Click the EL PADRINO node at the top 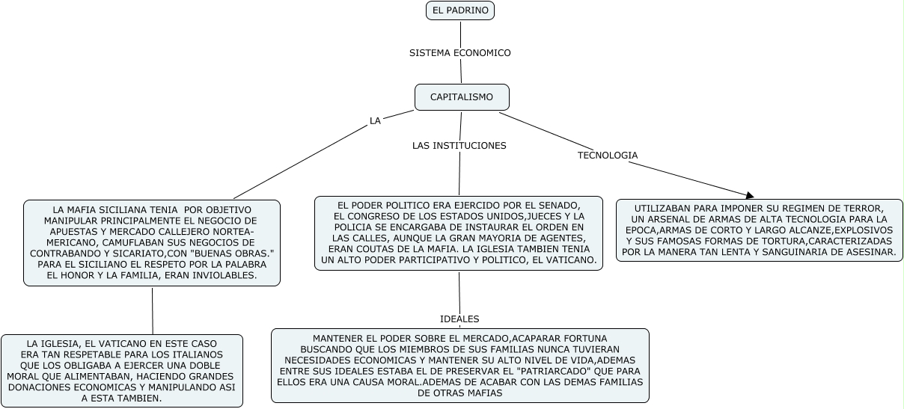459,10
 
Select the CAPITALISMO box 461,97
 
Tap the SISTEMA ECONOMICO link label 459,53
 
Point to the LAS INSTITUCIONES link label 459,145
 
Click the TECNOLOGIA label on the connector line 607,156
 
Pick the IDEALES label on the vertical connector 459,319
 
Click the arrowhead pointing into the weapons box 750,195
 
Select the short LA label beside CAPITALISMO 375,120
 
